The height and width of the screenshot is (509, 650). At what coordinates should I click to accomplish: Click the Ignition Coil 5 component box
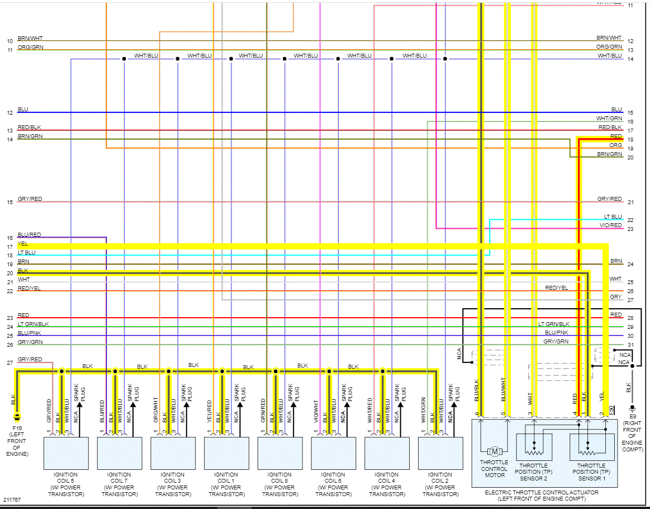coord(66,453)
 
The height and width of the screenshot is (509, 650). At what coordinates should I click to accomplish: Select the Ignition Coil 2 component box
coord(440,453)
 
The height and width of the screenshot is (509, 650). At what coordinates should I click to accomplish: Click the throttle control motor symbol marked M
coord(495,451)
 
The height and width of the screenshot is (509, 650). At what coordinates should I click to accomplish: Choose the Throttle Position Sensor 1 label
coord(591,472)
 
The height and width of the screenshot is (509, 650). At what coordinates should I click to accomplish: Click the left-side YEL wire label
coord(23,244)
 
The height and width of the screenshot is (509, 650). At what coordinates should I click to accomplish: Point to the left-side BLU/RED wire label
coord(29,235)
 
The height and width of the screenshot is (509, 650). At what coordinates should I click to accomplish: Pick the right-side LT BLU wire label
coord(613,217)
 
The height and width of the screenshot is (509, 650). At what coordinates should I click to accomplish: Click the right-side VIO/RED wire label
coord(611,225)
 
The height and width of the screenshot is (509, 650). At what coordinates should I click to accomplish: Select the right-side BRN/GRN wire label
coord(609,154)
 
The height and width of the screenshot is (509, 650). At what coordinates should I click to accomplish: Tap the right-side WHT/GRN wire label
coord(609,118)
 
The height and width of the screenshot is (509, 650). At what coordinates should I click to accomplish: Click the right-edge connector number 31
coord(630,345)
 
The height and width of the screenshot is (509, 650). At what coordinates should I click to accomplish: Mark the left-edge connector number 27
coord(10,364)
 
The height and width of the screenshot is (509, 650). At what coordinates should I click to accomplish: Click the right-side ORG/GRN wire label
coord(609,47)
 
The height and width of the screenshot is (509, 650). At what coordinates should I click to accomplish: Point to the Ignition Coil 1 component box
coord(226,453)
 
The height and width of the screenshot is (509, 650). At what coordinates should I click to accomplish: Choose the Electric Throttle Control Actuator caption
coord(541,495)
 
